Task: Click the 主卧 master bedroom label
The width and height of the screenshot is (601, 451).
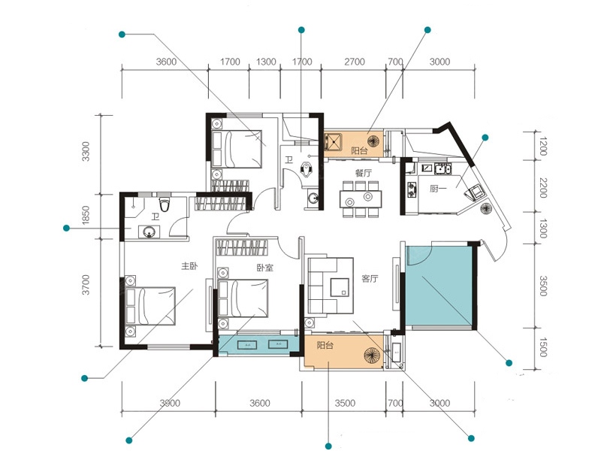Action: tap(189, 266)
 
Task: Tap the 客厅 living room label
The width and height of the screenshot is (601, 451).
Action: tap(370, 278)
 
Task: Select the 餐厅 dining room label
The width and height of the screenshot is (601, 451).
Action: tap(363, 173)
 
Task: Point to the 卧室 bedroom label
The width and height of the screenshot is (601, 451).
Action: tap(265, 268)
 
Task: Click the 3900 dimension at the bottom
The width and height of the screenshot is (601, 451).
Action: tap(170, 403)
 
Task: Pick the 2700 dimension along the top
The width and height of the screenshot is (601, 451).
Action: tap(354, 62)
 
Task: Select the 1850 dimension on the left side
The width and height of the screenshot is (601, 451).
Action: tap(86, 216)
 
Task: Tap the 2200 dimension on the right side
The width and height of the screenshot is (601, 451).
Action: tap(542, 187)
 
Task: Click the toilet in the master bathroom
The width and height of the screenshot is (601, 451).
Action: tap(165, 204)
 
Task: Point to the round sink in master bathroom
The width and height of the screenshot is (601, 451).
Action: tap(149, 232)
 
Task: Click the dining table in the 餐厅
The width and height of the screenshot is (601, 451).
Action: tap(361, 199)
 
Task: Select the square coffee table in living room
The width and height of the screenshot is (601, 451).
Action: tap(340, 286)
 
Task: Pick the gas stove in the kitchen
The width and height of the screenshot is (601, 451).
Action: tap(412, 189)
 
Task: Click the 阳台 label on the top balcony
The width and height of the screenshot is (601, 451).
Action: tap(359, 150)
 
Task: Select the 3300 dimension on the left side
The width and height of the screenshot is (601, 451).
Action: tap(86, 152)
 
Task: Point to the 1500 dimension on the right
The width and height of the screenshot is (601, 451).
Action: tap(542, 347)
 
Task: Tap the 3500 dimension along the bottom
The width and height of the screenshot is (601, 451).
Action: tap(345, 403)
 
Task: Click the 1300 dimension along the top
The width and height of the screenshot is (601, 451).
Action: tap(266, 62)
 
